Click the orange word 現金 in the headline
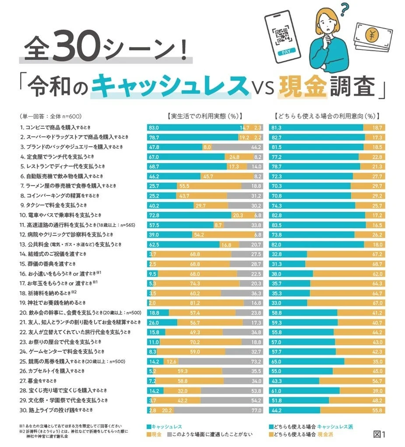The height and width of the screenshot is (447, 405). click(303, 86)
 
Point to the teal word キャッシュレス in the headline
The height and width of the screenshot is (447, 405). click(170, 86)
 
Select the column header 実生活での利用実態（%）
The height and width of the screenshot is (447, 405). click(204, 117)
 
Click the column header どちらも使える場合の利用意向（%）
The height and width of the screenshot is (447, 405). click(326, 117)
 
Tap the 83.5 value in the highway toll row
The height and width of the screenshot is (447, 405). click(276, 224)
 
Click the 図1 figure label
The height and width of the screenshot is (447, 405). click(379, 434)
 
